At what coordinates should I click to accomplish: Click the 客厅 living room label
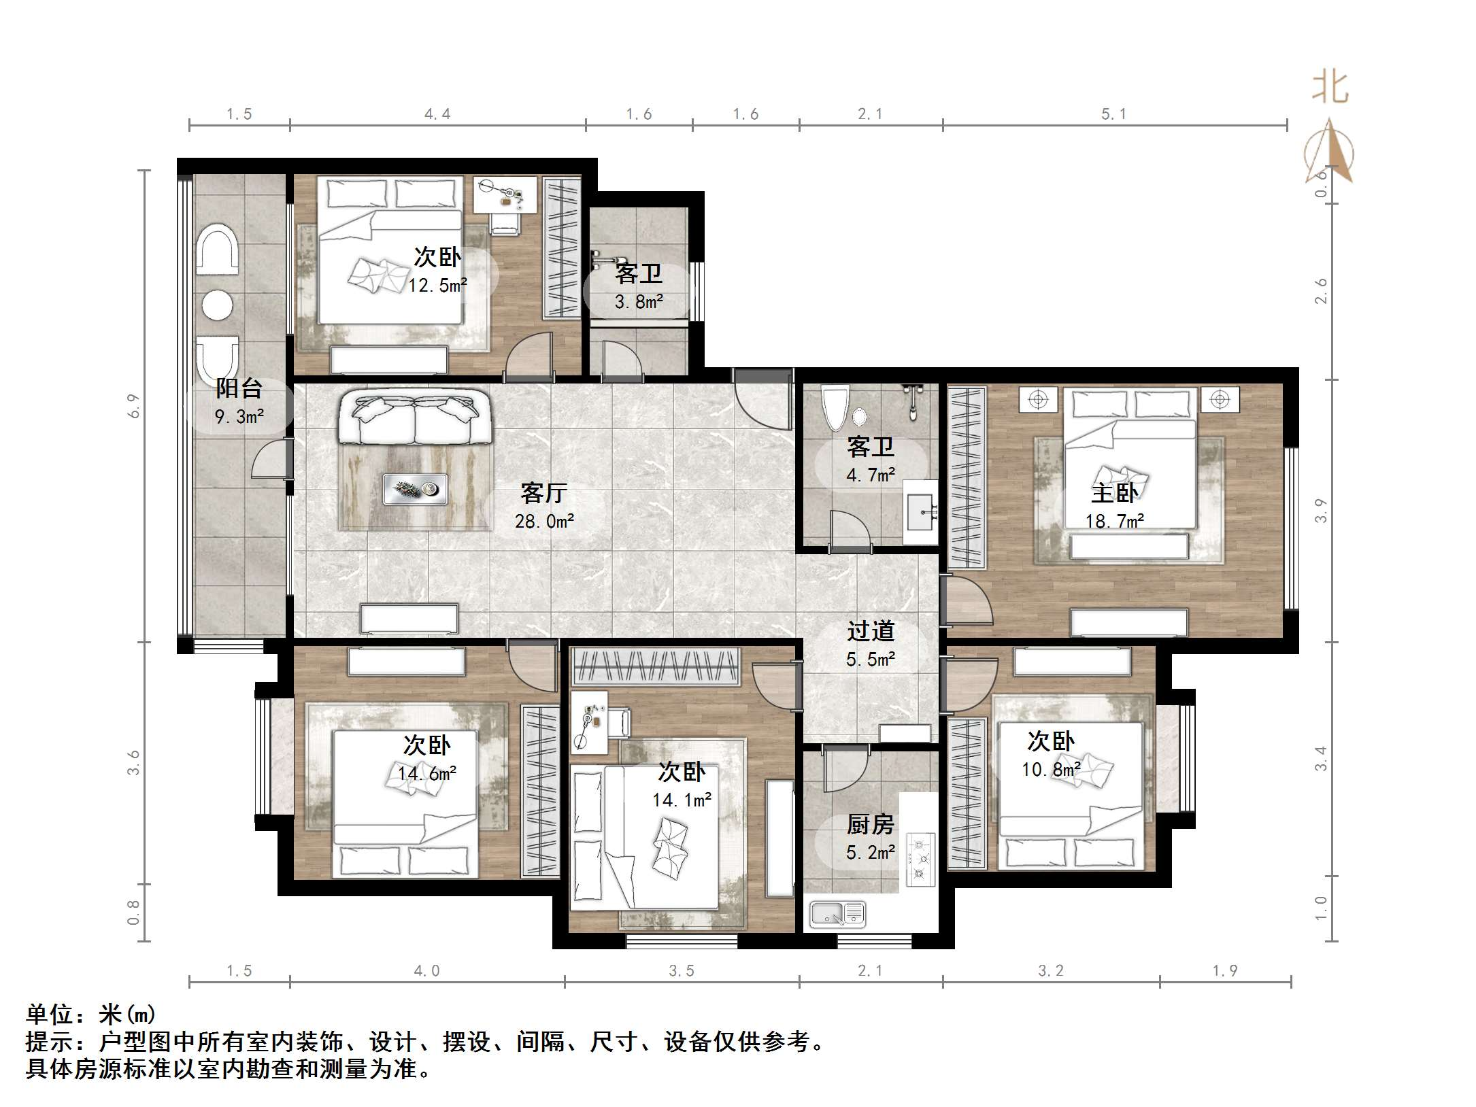coord(543,493)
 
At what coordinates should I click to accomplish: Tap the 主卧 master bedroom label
coord(1114,493)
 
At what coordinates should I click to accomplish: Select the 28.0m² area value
coord(544,522)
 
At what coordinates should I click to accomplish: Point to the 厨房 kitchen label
coord(870,825)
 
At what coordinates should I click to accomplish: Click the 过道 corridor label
coord(870,631)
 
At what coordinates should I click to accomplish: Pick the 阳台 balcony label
coord(239,388)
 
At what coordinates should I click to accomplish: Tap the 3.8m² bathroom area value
coord(639,302)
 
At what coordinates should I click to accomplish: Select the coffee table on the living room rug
coord(415,490)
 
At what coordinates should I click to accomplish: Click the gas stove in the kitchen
coord(920,860)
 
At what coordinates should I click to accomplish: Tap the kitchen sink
coord(837,915)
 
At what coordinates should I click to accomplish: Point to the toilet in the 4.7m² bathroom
coord(835,407)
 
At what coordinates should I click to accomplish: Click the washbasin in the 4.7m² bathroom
coord(922,512)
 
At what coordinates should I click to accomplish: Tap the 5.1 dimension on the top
coord(1114,114)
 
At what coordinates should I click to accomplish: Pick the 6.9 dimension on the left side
coord(134,406)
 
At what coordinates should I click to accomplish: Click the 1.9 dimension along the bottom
coord(1225,971)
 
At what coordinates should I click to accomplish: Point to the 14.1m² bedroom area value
coord(682,800)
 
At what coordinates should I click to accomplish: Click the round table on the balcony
coord(218,305)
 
